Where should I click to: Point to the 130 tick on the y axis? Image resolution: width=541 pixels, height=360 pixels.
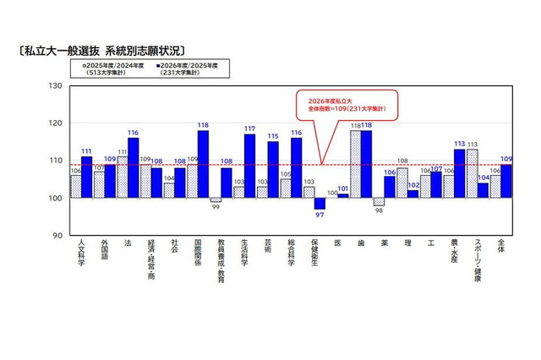(x=57, y=86)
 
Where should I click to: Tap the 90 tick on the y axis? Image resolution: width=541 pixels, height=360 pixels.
(x=57, y=235)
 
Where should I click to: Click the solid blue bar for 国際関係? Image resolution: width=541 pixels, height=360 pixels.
(x=203, y=164)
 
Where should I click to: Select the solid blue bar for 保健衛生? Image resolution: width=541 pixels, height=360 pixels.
(x=319, y=203)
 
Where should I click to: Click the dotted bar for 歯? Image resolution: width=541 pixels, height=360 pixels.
(x=355, y=164)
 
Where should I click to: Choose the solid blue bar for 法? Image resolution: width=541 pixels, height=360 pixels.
(x=134, y=167)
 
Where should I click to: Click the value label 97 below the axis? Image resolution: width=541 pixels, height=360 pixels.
(x=320, y=215)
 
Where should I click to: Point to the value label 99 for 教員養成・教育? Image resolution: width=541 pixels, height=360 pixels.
(x=216, y=207)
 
